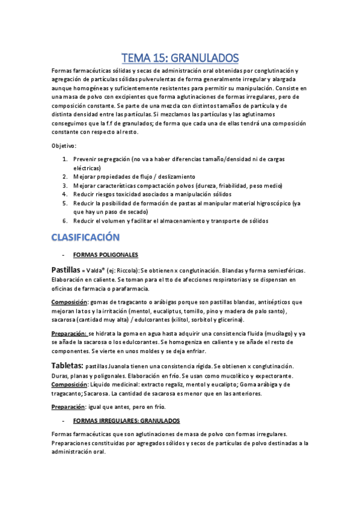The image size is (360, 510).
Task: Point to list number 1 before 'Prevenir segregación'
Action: pos(65,159)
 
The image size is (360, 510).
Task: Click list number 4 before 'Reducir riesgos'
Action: pos(65,194)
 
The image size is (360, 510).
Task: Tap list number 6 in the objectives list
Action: pos(65,221)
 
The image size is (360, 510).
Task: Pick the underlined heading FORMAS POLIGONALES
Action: pos(105,254)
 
